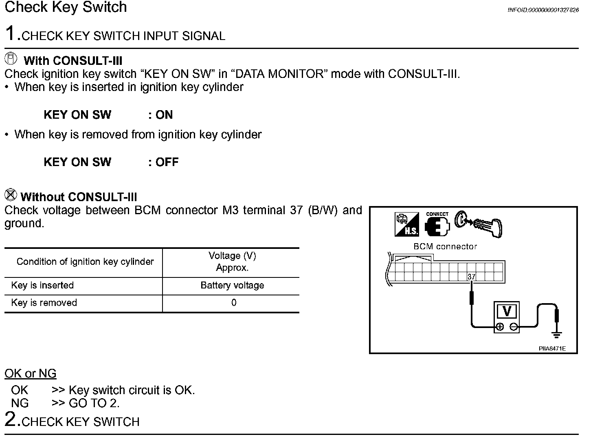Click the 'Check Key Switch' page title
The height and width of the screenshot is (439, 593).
pyautogui.click(x=66, y=7)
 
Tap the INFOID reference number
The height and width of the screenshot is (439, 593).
pyautogui.click(x=543, y=10)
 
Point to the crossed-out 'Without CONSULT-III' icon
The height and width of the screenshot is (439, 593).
pyautogui.click(x=11, y=195)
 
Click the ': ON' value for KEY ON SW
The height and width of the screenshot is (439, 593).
pyautogui.click(x=161, y=115)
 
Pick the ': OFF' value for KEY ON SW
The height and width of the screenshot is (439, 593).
pyautogui.click(x=164, y=162)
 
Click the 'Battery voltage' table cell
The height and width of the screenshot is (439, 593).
pyautogui.click(x=232, y=286)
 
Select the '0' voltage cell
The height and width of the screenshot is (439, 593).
pyautogui.click(x=233, y=303)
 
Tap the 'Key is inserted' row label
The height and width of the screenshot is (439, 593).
pyautogui.click(x=42, y=286)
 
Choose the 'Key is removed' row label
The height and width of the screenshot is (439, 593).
pyautogui.click(x=44, y=303)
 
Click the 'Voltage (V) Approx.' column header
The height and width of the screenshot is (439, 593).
pyautogui.click(x=232, y=262)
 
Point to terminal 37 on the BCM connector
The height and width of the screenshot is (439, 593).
pyautogui.click(x=471, y=277)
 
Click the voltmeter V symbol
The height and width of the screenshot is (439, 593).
pyautogui.click(x=507, y=311)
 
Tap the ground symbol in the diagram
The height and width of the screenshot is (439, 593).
pyautogui.click(x=556, y=335)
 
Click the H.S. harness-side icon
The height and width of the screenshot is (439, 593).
pyautogui.click(x=406, y=224)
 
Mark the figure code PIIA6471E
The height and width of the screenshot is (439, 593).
pyautogui.click(x=552, y=349)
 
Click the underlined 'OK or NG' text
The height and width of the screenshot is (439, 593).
pyautogui.click(x=31, y=374)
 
